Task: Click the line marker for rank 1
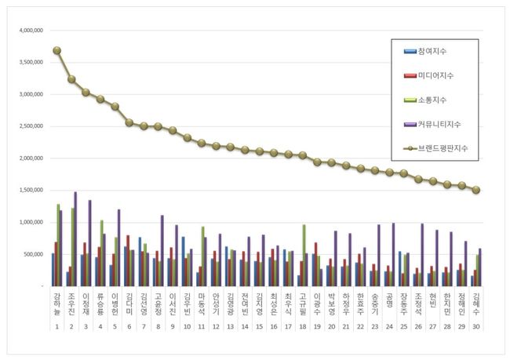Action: tap(56, 50)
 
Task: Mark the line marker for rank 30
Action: tap(475, 190)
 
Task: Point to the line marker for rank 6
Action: tap(129, 122)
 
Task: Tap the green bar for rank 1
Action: tap(58, 245)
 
